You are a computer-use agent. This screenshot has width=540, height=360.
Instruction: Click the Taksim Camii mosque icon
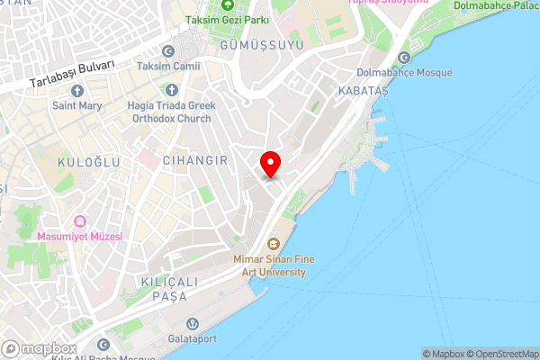click(x=167, y=52)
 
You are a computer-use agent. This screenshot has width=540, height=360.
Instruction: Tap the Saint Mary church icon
click(x=76, y=91)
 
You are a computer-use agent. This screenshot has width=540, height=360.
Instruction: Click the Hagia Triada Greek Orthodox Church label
click(x=170, y=111)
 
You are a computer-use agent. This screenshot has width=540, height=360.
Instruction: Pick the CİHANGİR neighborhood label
click(x=193, y=159)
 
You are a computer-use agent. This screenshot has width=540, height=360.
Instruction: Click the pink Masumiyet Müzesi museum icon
click(x=79, y=221)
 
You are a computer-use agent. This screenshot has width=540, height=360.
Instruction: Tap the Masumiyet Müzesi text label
click(x=79, y=237)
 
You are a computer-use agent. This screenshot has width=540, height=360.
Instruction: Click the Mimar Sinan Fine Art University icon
click(x=273, y=243)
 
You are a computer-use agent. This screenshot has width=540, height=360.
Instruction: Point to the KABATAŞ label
click(x=362, y=92)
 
